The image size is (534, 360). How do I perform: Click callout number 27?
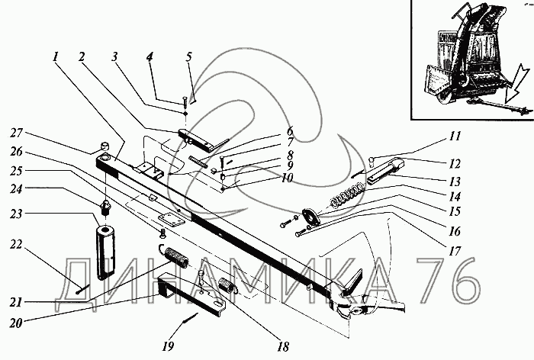pyautogui.click(x=16, y=133)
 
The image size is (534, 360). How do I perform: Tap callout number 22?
pyautogui.click(x=16, y=245)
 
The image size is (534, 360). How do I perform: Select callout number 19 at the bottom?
pyautogui.click(x=168, y=346)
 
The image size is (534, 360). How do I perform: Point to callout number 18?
pyautogui.click(x=283, y=347)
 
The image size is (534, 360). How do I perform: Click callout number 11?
pyautogui.click(x=455, y=136)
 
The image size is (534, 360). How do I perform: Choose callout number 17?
pyautogui.click(x=455, y=251)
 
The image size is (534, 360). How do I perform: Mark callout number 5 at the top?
pyautogui.click(x=188, y=56)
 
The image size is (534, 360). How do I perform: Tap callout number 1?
pyautogui.click(x=56, y=56)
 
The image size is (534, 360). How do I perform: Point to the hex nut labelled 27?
pyautogui.click(x=104, y=147)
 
